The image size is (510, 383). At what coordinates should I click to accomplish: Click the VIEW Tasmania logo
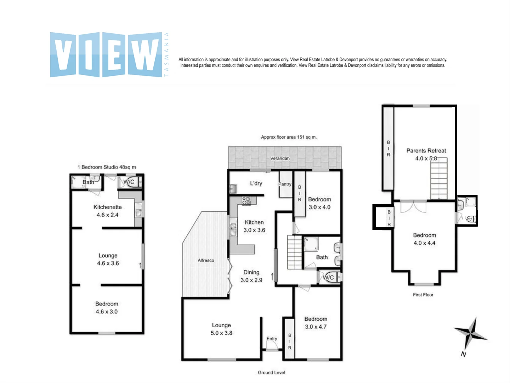click(109, 55)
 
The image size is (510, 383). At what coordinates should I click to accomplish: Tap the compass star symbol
click(470, 335)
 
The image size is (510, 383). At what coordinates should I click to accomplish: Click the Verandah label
click(280, 159)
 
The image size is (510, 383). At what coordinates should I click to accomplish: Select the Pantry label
click(285, 184)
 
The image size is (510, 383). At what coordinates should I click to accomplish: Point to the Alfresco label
click(206, 260)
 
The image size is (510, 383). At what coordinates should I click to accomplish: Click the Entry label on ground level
click(272, 339)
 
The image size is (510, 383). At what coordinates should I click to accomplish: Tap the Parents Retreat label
click(426, 151)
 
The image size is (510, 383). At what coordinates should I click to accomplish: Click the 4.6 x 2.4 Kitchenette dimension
click(107, 215)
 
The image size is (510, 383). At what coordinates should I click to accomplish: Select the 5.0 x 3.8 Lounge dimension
click(221, 333)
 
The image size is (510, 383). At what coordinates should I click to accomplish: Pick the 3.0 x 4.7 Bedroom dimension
click(316, 327)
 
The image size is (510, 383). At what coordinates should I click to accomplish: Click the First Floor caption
click(423, 295)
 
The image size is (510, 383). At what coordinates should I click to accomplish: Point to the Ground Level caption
click(271, 372)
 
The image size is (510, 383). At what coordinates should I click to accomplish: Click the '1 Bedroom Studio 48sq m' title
click(107, 167)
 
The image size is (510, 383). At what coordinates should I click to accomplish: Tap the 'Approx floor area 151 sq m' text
click(289, 137)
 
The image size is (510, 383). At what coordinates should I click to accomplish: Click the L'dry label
click(256, 183)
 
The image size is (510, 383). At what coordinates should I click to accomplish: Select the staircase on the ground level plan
click(295, 252)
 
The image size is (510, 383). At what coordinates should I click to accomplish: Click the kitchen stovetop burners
click(246, 201)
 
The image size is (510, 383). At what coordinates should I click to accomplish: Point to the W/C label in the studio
click(129, 182)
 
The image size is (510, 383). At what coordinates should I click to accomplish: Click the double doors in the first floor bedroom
click(413, 206)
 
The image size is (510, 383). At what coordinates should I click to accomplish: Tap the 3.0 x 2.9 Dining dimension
click(251, 280)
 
